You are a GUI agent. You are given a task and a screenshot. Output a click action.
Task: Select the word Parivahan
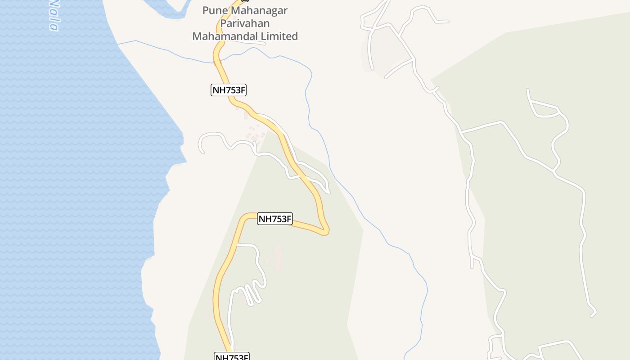247,23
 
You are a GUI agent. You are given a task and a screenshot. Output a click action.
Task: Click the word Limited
279,36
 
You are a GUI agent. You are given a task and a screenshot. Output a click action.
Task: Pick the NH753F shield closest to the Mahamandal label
229,90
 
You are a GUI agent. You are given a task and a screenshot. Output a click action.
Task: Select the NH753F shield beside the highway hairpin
275,219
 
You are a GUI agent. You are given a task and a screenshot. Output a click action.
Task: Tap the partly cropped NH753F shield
231,357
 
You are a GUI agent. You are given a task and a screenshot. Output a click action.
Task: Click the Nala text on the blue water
54,16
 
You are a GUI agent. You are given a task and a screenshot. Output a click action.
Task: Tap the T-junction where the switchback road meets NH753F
237,245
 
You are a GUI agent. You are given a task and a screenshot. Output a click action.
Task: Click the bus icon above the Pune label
245,1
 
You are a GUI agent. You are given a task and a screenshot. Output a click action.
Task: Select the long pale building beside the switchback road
278,256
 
